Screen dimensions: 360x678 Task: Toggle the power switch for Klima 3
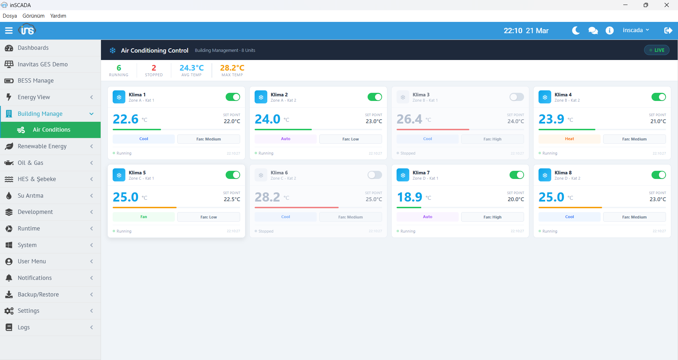tap(516, 97)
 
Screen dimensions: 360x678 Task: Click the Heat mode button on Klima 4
tap(569, 139)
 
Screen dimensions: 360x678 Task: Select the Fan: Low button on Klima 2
tap(350, 139)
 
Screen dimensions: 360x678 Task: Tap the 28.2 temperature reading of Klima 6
tap(267, 197)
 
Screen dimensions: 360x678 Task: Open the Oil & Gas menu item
tap(30, 163)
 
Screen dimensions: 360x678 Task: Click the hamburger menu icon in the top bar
tap(9, 31)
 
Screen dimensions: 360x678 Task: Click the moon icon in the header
tap(576, 31)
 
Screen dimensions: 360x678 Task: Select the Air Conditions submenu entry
tap(52, 130)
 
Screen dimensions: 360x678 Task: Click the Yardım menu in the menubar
tap(58, 16)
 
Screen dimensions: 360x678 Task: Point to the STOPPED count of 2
tap(154, 68)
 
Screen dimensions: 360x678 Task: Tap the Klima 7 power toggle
tap(516, 175)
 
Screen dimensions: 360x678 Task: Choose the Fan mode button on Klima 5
tap(143, 217)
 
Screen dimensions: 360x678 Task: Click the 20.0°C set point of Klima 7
tap(516, 199)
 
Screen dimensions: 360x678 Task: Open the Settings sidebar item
tap(29, 311)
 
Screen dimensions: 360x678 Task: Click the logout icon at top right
tap(668, 31)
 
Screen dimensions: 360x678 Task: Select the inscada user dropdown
tap(636, 30)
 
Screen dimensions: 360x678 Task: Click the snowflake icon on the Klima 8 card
tap(545, 175)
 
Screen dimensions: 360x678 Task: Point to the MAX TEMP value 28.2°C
tap(232, 68)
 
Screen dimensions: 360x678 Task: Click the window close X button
tap(666, 5)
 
